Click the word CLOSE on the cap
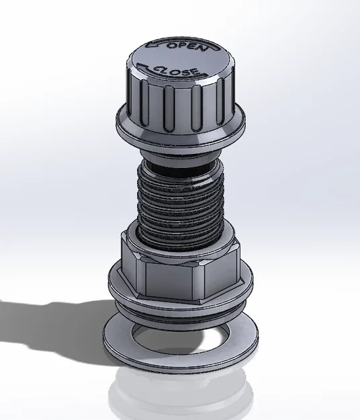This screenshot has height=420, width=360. click(177, 70)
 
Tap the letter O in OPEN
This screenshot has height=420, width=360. click(172, 45)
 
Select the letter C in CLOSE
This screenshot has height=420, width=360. click(159, 68)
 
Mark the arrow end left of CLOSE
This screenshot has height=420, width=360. click(142, 66)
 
